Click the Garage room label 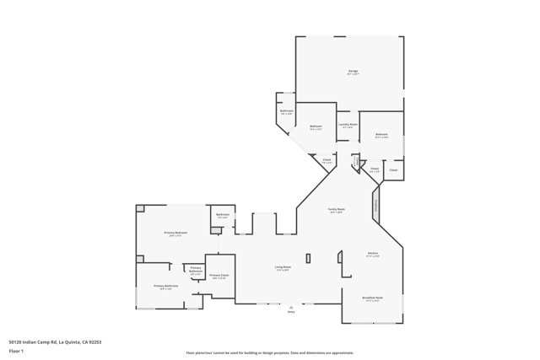(x=353, y=72)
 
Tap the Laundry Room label (x=348, y=125)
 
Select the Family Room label (x=336, y=210)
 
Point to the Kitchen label (x=372, y=254)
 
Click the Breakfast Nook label (x=372, y=298)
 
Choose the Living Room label (x=282, y=268)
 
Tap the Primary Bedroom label (x=175, y=234)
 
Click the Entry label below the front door (x=291, y=312)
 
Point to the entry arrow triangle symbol (x=291, y=306)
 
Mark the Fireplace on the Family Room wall (x=376, y=206)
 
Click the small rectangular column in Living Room (x=308, y=258)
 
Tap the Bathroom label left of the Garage (x=286, y=111)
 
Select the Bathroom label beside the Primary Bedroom (x=223, y=215)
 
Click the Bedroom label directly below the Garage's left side (x=316, y=127)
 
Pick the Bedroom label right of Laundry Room (x=381, y=135)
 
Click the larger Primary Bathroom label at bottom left (x=166, y=287)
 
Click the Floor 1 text (x=16, y=351)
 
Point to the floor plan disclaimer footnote (x=270, y=353)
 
